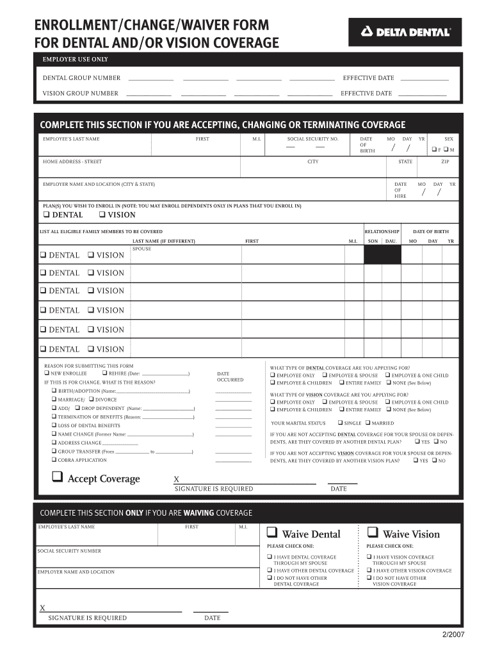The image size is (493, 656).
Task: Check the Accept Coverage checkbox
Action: (x=58, y=477)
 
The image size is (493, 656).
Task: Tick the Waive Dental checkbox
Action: (x=271, y=533)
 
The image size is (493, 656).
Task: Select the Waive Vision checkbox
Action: (x=372, y=533)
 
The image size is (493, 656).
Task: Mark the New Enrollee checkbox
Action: (x=47, y=373)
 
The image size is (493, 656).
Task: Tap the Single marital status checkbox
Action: (x=340, y=423)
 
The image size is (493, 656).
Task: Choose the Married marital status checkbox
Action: (x=367, y=423)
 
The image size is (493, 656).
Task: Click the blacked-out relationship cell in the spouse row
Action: (x=382, y=255)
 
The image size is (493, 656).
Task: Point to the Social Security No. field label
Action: (x=312, y=139)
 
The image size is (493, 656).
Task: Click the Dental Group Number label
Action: (x=81, y=78)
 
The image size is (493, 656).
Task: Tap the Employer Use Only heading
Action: (x=75, y=60)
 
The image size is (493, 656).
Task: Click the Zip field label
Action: (x=445, y=162)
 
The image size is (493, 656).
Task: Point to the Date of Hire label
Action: (x=400, y=190)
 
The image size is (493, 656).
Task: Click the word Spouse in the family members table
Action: (x=141, y=249)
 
